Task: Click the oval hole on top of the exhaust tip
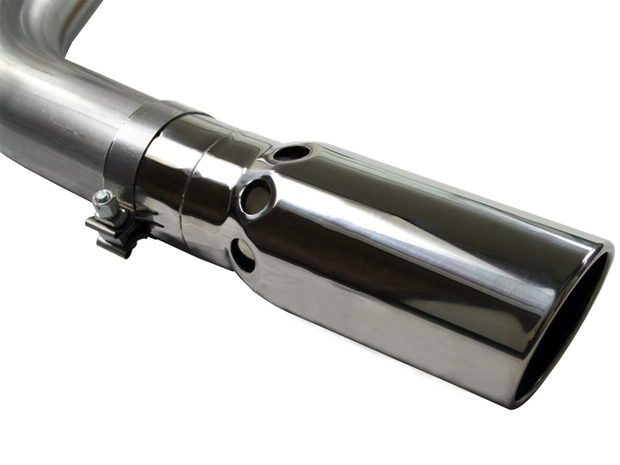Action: (291, 153)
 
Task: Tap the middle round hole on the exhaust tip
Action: (257, 196)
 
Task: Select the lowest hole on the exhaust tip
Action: (243, 255)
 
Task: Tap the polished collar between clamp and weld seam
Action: (163, 168)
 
